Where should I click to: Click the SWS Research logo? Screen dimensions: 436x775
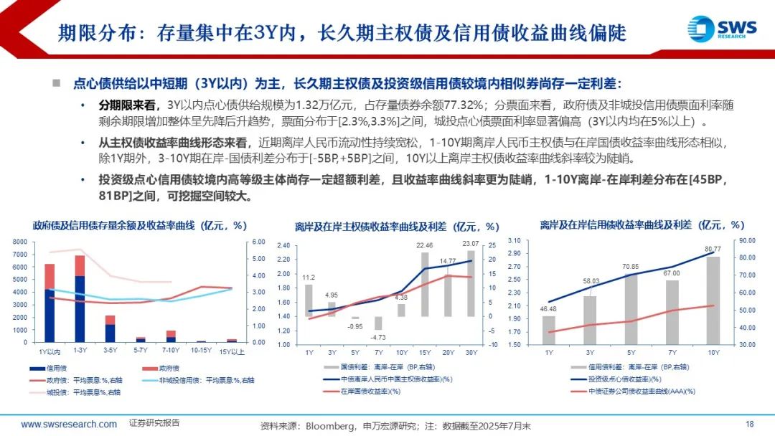pos(721,29)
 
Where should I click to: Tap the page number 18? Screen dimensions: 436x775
pos(750,424)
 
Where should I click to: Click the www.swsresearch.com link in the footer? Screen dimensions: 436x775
pos(69,424)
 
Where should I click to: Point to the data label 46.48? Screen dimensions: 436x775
pos(548,309)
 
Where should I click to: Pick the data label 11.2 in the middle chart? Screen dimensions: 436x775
pos(309,278)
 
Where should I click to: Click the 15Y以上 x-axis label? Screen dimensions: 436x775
pos(232,351)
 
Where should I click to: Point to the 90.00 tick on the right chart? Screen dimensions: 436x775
pos(748,241)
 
